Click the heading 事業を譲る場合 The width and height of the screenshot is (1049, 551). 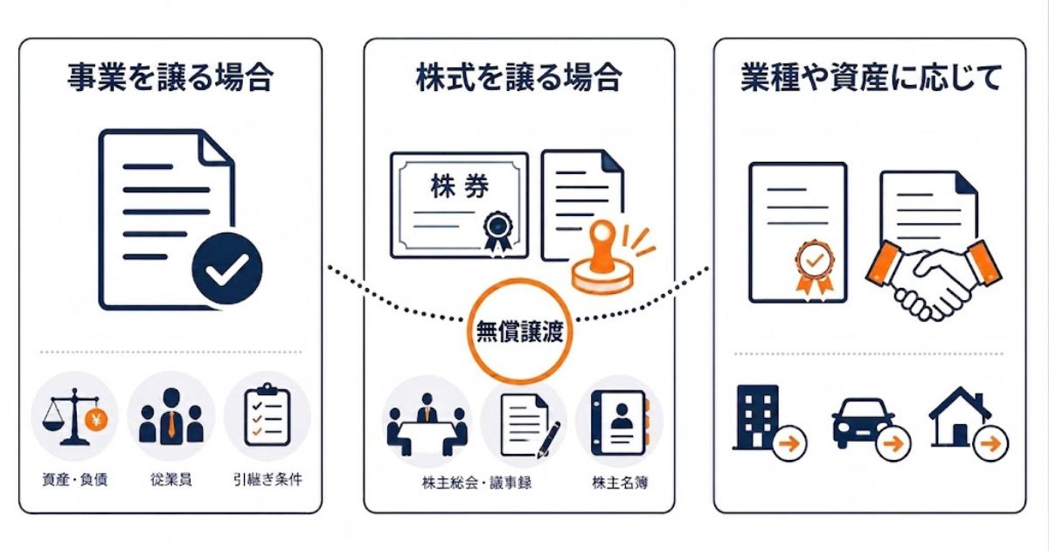click(x=170, y=77)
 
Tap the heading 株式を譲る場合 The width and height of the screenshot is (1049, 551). click(x=519, y=77)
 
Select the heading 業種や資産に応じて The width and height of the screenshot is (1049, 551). click(x=871, y=77)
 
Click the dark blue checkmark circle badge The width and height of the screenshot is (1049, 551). click(x=227, y=269)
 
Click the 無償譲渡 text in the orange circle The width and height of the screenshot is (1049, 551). click(x=520, y=332)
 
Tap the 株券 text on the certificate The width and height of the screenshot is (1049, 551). click(x=460, y=186)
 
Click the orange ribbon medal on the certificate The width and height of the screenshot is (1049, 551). click(x=815, y=268)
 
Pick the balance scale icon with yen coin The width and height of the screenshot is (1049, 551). click(x=74, y=416)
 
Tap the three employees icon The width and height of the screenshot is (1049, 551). click(x=171, y=416)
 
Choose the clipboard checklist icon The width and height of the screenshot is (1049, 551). click(x=267, y=415)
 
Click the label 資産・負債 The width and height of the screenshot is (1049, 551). click(x=75, y=479)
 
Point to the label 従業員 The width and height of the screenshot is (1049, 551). click(x=171, y=479)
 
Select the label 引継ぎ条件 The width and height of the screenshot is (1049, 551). click(x=267, y=479)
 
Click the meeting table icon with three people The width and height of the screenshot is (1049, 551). click(x=427, y=424)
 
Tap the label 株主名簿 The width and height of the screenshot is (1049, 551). click(x=620, y=483)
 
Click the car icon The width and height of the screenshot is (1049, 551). click(x=864, y=422)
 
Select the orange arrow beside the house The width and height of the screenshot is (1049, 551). click(x=990, y=443)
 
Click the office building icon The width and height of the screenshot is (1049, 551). click(x=757, y=417)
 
